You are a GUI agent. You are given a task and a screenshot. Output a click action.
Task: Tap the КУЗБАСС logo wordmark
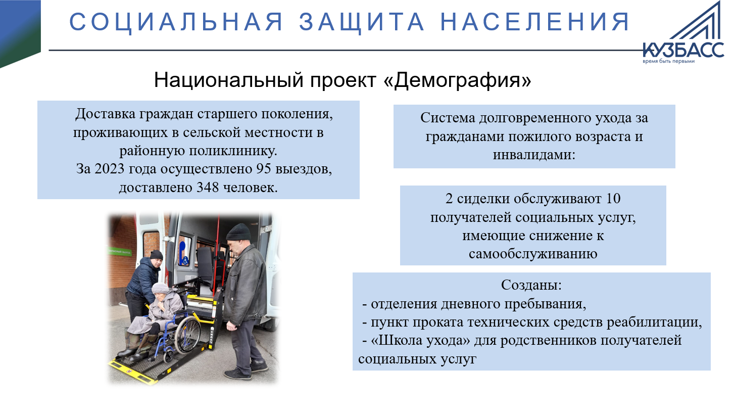(x=684, y=50)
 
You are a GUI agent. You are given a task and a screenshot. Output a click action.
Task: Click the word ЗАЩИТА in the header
(x=362, y=22)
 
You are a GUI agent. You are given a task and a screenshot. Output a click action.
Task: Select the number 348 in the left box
(x=208, y=188)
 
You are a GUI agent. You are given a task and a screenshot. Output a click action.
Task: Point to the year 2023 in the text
(x=110, y=169)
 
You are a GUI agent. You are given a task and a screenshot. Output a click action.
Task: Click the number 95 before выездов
(x=264, y=169)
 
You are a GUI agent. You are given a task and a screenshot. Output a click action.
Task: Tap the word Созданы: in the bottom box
(x=531, y=285)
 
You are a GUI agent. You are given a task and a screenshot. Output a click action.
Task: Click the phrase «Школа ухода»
(x=421, y=340)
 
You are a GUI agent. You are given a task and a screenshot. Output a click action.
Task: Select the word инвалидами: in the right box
(x=534, y=154)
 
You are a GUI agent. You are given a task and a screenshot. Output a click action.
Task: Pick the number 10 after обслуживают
(x=613, y=199)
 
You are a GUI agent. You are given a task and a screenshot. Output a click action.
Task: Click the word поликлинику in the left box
(x=233, y=151)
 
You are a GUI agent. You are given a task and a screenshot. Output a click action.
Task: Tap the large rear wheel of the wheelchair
(x=187, y=334)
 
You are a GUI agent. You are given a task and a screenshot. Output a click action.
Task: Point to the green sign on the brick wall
(x=120, y=252)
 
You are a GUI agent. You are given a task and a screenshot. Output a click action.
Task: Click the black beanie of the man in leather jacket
(x=238, y=232)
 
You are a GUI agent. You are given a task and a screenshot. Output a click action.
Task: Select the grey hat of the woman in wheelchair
(x=160, y=288)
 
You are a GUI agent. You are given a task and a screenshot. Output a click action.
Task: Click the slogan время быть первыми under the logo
(x=669, y=61)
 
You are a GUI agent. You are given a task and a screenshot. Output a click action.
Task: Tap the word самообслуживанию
(x=533, y=254)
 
